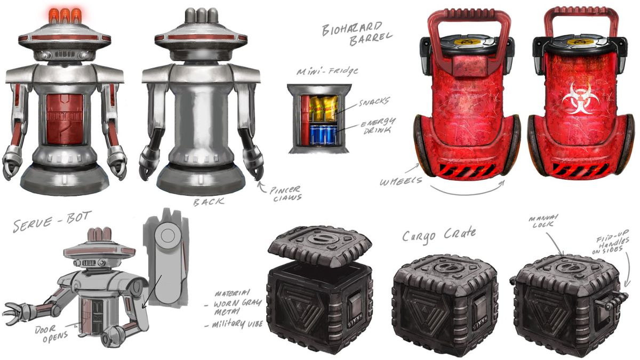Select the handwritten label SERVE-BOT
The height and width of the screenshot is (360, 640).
point(52,221)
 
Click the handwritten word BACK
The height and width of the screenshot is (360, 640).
point(209,202)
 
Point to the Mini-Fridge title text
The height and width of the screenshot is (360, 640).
point(327,71)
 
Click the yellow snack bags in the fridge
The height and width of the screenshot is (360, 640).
point(323,109)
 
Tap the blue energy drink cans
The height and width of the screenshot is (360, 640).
point(323,135)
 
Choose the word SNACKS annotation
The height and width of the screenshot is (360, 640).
point(374,102)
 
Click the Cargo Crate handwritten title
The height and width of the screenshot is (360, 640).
point(439,235)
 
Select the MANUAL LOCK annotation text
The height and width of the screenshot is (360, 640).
point(543,221)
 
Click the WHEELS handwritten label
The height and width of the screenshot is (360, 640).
point(401,181)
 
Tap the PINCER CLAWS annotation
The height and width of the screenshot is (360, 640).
point(285,194)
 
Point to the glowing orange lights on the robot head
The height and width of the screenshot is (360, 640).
point(65,15)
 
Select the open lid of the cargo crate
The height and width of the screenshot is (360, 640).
point(320,246)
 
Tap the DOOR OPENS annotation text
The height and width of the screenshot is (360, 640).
point(51,333)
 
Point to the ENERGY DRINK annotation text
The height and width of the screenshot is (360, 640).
point(378,126)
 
